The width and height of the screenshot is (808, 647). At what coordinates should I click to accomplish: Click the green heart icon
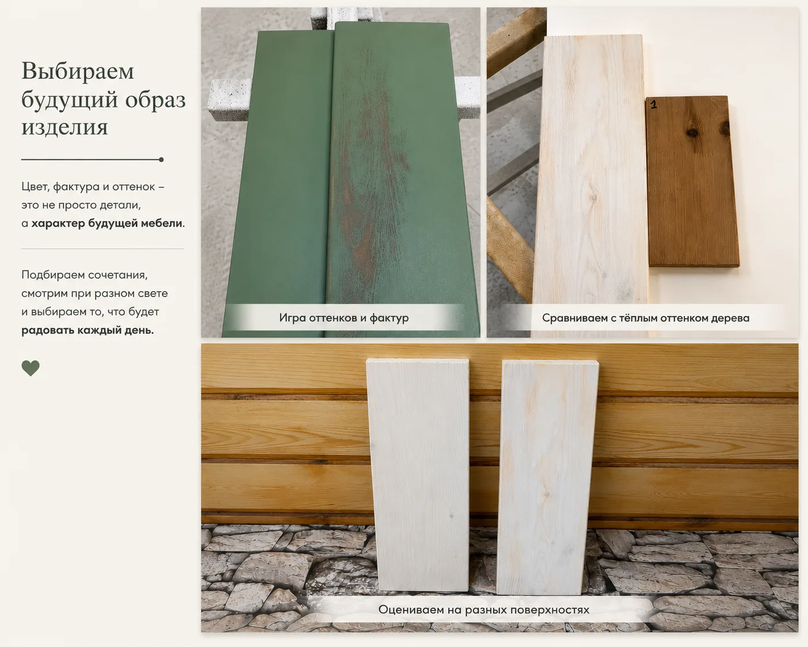pyautogui.click(x=31, y=368)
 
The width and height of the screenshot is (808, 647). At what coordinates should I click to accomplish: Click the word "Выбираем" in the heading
pyautogui.click(x=78, y=70)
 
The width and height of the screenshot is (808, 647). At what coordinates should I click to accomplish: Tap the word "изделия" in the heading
pyautogui.click(x=65, y=127)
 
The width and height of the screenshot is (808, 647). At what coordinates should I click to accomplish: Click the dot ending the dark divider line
pyautogui.click(x=161, y=160)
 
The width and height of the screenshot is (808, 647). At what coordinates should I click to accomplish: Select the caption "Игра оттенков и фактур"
pyautogui.click(x=344, y=318)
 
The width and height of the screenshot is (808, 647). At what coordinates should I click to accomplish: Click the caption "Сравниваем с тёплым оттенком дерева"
pyautogui.click(x=645, y=318)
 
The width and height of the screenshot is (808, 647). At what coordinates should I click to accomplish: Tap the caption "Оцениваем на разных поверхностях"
pyautogui.click(x=484, y=610)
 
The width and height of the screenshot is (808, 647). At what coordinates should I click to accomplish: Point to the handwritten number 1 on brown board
pyautogui.click(x=654, y=104)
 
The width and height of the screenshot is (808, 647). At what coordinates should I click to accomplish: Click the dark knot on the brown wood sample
pyautogui.click(x=692, y=132)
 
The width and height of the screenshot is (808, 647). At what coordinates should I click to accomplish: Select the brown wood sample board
pyautogui.click(x=693, y=182)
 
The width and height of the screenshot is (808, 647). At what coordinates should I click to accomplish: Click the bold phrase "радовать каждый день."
pyautogui.click(x=88, y=330)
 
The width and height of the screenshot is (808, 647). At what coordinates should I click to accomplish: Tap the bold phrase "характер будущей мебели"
pyautogui.click(x=107, y=224)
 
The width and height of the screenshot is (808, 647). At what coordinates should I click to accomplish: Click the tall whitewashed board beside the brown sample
pyautogui.click(x=591, y=184)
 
